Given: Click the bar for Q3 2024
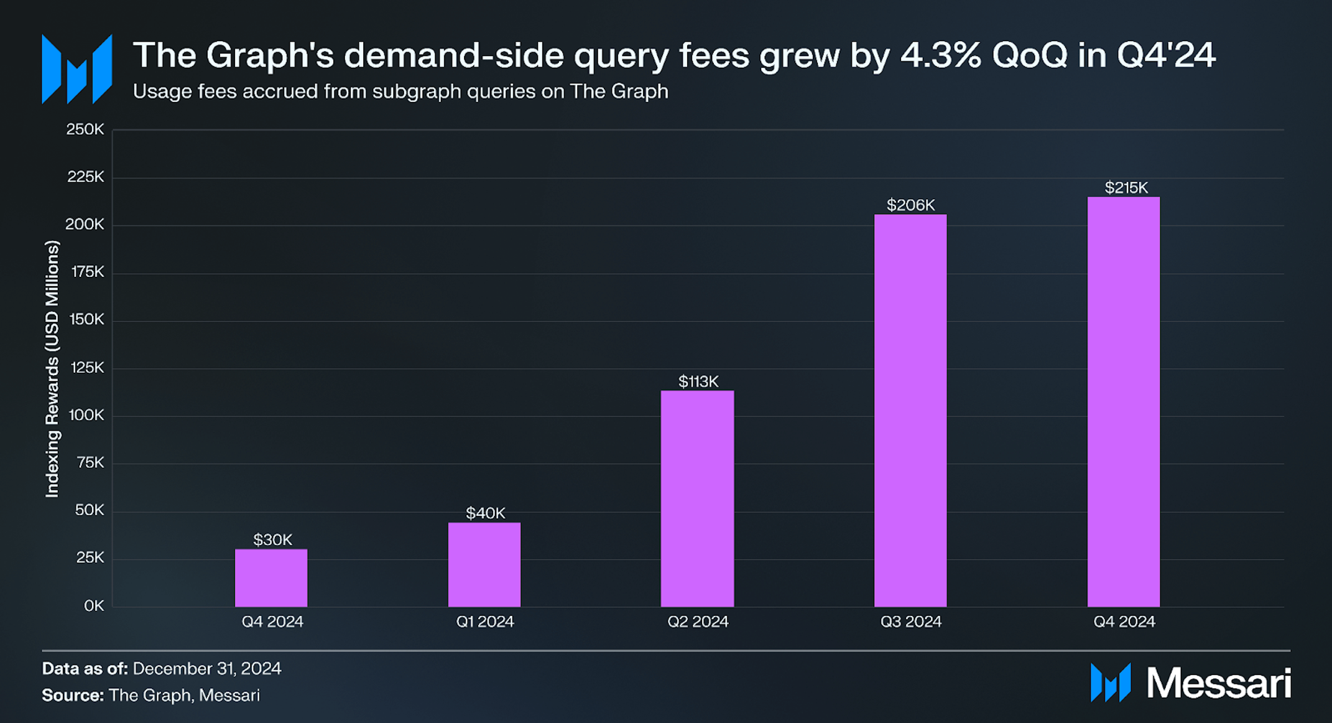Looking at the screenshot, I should click(x=910, y=411).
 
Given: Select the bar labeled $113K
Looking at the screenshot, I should click(x=697, y=498).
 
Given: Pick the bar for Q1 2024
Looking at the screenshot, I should click(x=484, y=564).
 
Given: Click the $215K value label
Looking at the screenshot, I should click(x=1126, y=187).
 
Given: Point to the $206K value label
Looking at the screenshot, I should click(x=910, y=205).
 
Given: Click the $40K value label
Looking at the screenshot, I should click(x=485, y=513).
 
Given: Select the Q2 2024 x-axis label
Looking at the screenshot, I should click(x=698, y=622).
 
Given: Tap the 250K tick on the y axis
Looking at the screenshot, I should click(x=85, y=129).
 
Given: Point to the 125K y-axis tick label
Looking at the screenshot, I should click(x=87, y=367).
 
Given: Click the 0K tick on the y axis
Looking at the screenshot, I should click(x=94, y=605).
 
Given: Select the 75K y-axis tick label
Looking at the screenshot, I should click(x=90, y=462).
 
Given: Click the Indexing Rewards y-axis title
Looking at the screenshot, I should click(x=52, y=369).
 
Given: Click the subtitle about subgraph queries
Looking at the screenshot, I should click(x=400, y=91).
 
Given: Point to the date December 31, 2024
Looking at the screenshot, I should click(x=206, y=668).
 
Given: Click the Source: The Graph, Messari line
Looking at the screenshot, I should click(x=150, y=695).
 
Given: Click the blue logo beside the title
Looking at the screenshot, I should click(x=76, y=69).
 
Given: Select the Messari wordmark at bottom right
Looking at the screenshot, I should click(x=1218, y=683).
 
